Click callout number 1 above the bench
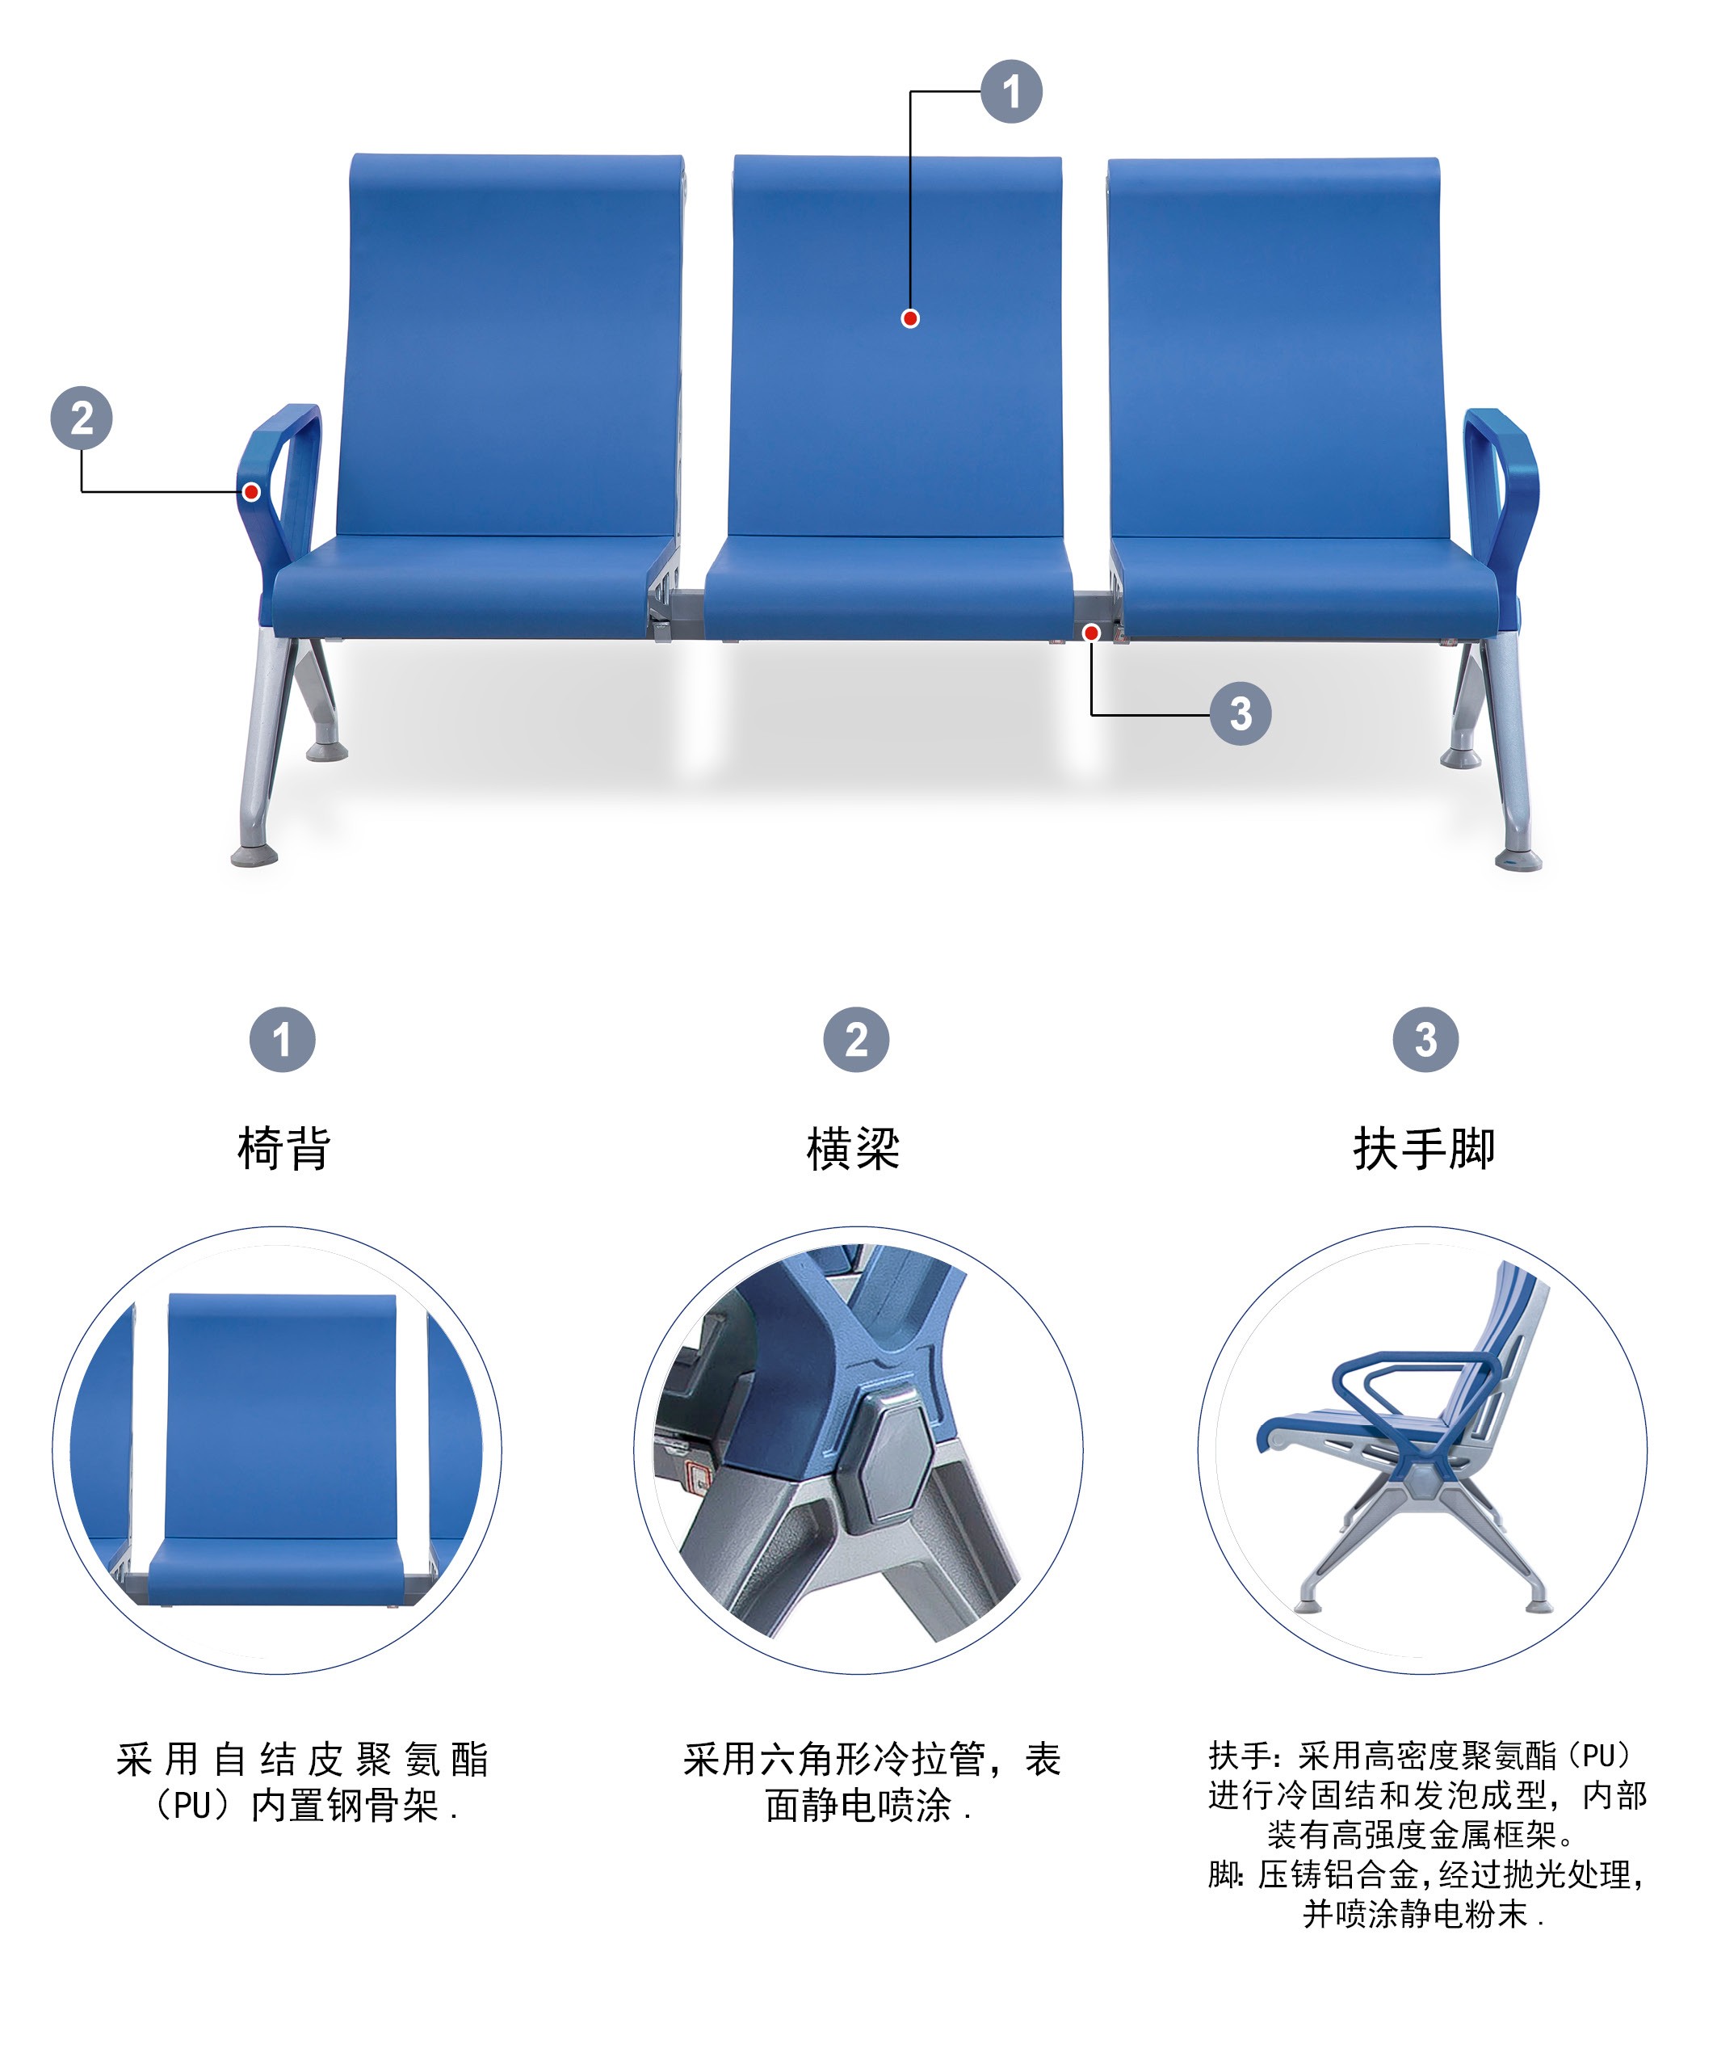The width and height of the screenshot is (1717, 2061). (x=1012, y=92)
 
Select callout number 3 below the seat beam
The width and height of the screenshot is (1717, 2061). (x=1241, y=713)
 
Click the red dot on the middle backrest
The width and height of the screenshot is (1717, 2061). (x=910, y=318)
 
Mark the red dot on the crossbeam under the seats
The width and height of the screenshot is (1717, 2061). (x=1091, y=633)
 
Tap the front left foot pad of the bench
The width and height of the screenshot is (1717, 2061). (x=254, y=856)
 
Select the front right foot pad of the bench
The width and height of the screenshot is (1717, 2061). (x=1518, y=860)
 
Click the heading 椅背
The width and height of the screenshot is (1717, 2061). (x=283, y=1148)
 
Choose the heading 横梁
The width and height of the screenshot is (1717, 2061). (x=854, y=1148)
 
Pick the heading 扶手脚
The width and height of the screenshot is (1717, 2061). (x=1425, y=1148)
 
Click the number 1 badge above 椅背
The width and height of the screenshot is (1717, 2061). (x=283, y=1039)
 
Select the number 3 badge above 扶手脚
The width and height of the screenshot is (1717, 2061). (x=1425, y=1039)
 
